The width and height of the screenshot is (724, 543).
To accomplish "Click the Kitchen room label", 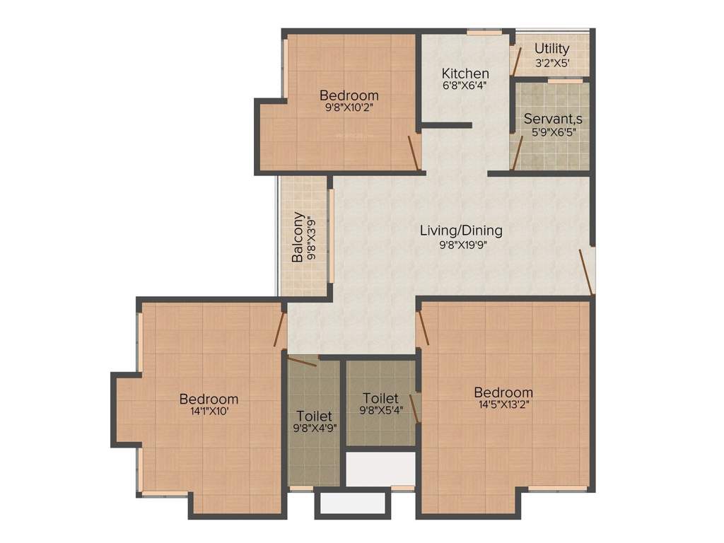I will [465, 73].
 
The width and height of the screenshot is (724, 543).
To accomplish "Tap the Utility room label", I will [552, 49].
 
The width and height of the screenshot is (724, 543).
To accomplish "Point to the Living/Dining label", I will [461, 230].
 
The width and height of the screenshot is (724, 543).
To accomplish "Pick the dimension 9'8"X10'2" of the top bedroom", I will [349, 108].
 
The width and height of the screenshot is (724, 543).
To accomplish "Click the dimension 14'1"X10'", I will [209, 412].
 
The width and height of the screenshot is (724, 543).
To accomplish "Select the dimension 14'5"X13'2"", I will [503, 406].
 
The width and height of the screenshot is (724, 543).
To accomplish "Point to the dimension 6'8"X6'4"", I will [465, 86].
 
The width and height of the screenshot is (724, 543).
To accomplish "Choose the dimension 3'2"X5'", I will [552, 62].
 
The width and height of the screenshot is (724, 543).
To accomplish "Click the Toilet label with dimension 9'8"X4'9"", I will [315, 416].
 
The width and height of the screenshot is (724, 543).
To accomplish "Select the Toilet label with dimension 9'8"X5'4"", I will [380, 399].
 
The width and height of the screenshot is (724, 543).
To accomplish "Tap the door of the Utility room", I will [517, 61].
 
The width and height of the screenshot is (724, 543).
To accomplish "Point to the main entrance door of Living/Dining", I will [585, 271].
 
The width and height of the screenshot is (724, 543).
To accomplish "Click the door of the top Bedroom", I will [414, 152].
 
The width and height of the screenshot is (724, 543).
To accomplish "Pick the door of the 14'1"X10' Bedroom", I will [279, 329].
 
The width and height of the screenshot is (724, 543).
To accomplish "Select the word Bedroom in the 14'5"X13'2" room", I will [503, 392].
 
